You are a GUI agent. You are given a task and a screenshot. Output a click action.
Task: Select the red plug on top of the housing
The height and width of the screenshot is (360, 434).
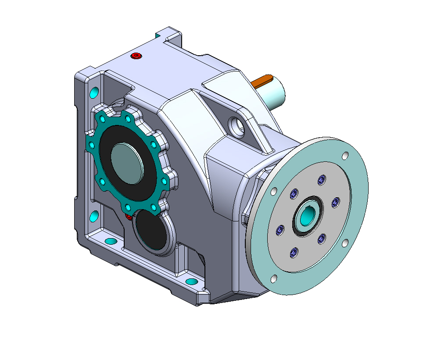pos(136,56)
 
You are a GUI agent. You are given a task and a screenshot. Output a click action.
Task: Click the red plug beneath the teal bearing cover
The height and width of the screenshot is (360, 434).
pos(128,217)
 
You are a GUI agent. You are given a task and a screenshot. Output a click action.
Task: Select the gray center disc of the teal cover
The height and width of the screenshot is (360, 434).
pos(127,163)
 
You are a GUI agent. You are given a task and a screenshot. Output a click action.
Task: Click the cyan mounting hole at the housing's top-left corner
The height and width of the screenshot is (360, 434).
pos(94,93)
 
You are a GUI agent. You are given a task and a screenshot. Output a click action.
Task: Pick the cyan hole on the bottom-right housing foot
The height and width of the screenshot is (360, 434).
pos(191,281)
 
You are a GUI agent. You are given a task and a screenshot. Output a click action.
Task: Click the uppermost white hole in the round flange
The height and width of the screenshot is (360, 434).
pos(345,156)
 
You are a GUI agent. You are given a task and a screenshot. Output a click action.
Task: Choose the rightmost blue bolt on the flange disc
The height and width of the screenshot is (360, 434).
pos(336,201)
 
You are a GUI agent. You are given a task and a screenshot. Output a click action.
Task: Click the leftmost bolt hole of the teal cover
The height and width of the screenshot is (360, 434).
pos(91,145)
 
